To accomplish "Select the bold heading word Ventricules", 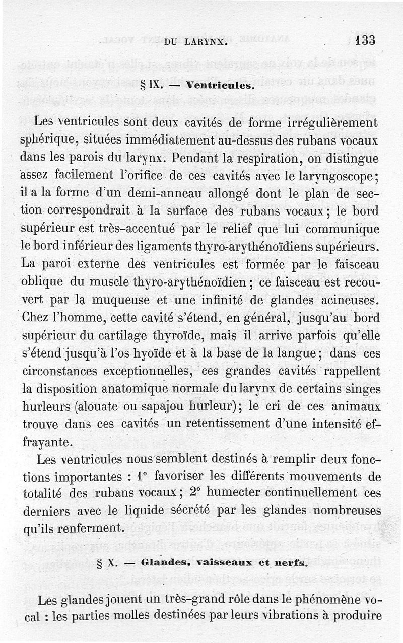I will (x=219, y=86).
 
